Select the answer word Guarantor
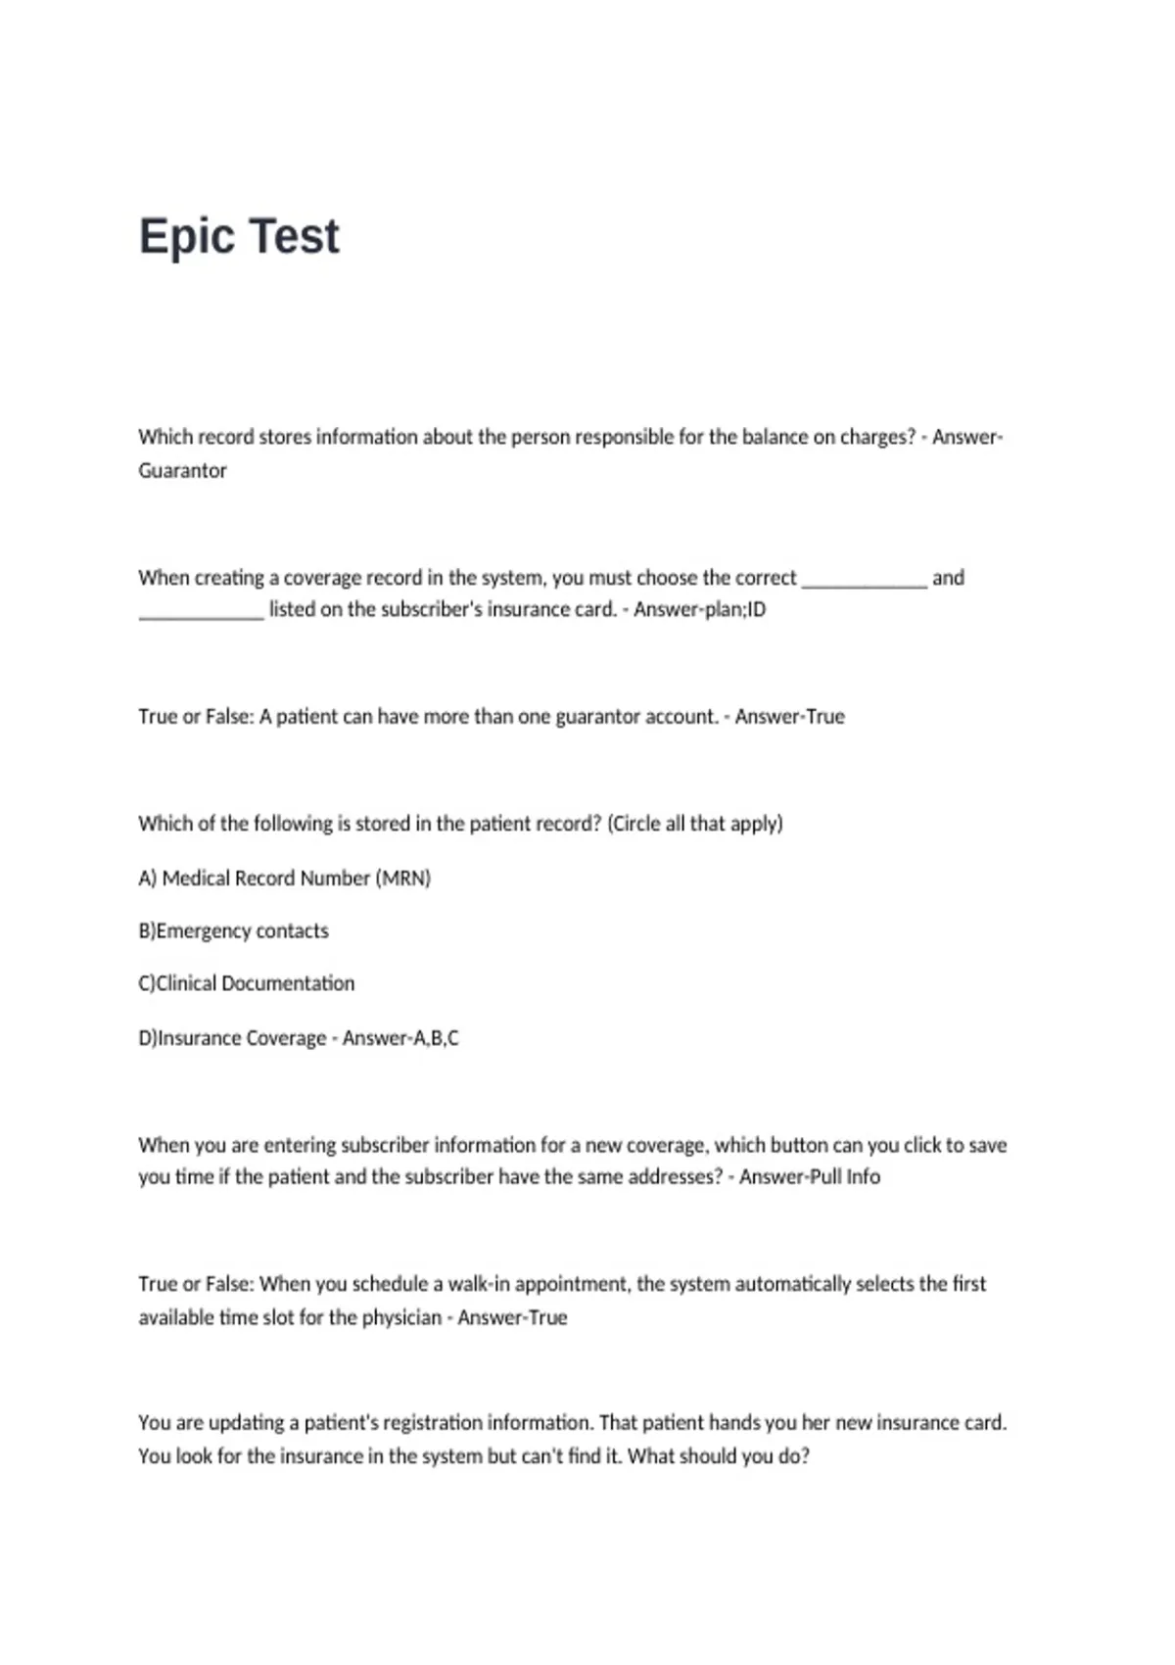(x=182, y=470)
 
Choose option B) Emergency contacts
(x=234, y=930)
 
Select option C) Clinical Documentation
(x=247, y=983)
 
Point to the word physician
(x=401, y=1317)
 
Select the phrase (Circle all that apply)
(x=695, y=824)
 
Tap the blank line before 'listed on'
(x=201, y=614)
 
